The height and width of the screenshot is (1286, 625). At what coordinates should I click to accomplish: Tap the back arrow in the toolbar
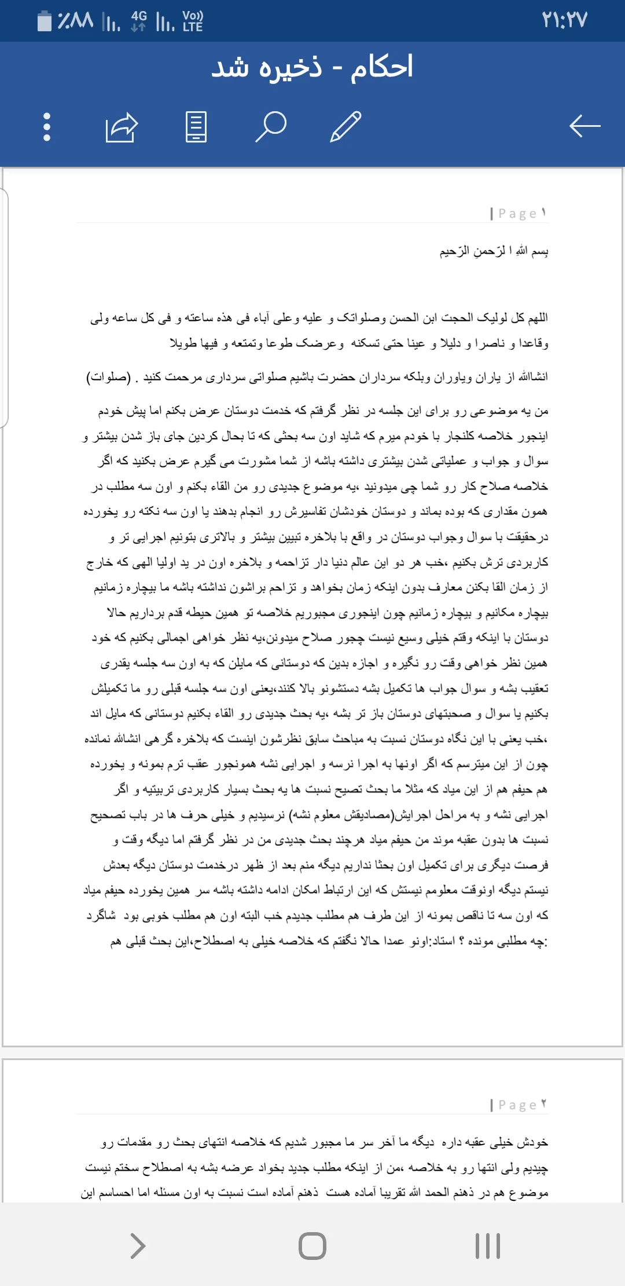tap(584, 126)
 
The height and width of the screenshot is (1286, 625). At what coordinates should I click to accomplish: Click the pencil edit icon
tap(345, 126)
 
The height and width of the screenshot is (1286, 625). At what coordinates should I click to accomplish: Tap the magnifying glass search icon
tap(271, 126)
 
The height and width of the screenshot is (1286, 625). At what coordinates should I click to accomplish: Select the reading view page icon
tap(196, 126)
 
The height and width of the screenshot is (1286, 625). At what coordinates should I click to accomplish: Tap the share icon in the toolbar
tap(122, 127)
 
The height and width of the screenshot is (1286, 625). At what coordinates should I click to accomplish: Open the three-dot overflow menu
tap(47, 126)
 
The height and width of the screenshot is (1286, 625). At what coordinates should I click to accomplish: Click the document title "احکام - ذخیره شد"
tap(312, 67)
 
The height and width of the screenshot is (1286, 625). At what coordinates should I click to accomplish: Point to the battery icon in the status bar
tap(45, 21)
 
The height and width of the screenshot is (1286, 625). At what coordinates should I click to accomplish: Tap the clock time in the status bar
tap(564, 20)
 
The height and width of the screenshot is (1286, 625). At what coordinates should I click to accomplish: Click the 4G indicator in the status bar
tap(139, 20)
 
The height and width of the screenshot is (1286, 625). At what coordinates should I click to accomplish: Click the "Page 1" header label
tap(518, 213)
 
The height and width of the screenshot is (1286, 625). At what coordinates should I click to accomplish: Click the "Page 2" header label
tap(518, 1105)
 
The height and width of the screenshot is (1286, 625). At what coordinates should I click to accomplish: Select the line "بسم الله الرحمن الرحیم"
tap(494, 251)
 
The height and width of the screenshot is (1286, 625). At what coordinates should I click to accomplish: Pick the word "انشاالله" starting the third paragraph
tap(532, 377)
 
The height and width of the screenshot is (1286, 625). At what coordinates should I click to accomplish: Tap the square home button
tap(312, 1245)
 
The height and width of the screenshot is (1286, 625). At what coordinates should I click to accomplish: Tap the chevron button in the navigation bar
tap(138, 1245)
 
